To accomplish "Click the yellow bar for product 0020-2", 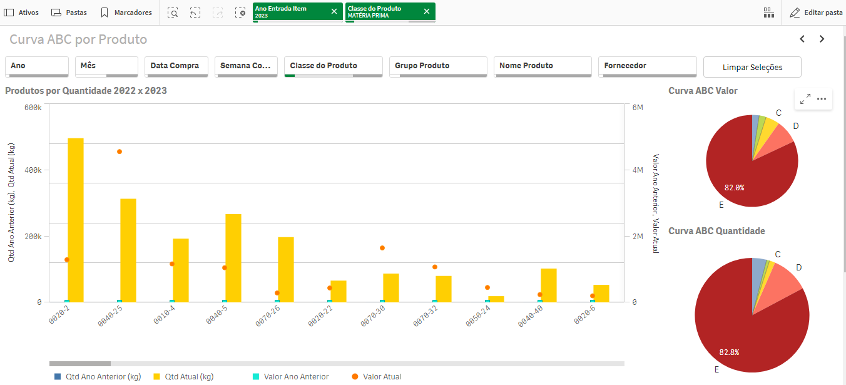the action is (76, 220).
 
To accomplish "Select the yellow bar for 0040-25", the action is (128, 250).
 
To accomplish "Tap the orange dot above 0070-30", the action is (382, 248).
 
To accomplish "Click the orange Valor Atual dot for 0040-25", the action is (120, 151).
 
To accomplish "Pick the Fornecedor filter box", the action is (648, 66).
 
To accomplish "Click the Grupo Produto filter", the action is (438, 66).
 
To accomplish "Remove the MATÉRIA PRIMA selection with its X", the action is (427, 11).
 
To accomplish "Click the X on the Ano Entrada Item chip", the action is (334, 11).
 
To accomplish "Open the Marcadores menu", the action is (126, 13).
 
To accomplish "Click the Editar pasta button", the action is (816, 13).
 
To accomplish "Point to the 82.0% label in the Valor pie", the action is (734, 187).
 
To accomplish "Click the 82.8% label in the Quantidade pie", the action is (729, 352).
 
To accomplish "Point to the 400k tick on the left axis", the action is (33, 170).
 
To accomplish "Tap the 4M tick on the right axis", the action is (638, 170).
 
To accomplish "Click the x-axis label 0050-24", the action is (478, 316).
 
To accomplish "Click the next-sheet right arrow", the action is (822, 39).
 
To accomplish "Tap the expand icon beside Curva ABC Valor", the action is (805, 99).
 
